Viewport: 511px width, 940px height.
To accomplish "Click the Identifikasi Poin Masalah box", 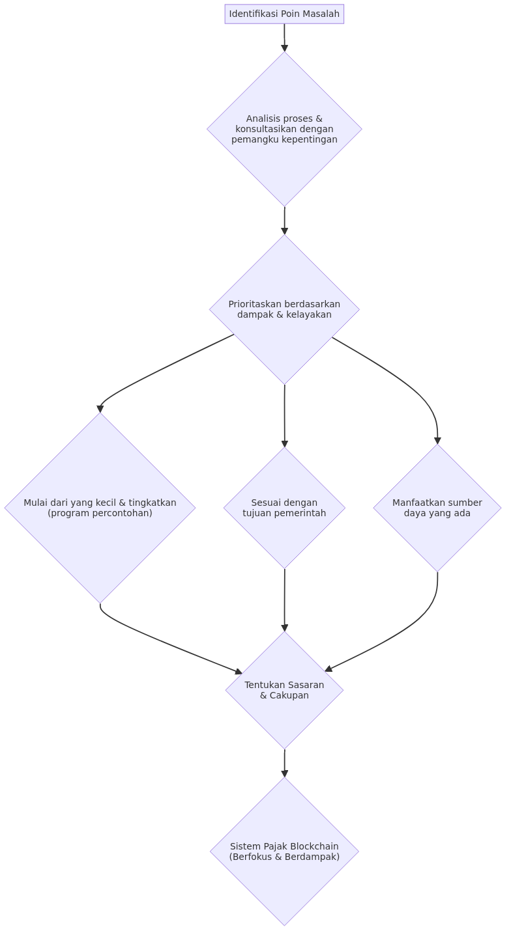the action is (284, 14).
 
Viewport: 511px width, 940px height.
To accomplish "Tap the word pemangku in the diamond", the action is (250, 140).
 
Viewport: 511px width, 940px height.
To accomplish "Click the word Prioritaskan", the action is (253, 304).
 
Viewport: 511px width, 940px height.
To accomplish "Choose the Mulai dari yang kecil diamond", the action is (100, 508).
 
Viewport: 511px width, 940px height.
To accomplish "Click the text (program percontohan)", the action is (100, 513).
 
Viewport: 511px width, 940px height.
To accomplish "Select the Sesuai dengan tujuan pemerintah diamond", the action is (284, 508).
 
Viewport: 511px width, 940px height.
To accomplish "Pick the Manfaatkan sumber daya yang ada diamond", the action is (437, 508).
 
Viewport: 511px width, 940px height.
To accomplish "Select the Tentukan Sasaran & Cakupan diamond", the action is (284, 690).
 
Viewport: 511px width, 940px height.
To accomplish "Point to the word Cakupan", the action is (289, 695).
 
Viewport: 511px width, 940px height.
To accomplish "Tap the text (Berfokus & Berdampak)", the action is (284, 857).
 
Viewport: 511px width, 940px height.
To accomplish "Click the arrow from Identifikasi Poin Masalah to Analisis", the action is (284, 38).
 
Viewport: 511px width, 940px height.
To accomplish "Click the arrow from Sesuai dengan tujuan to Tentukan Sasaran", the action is (284, 600).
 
